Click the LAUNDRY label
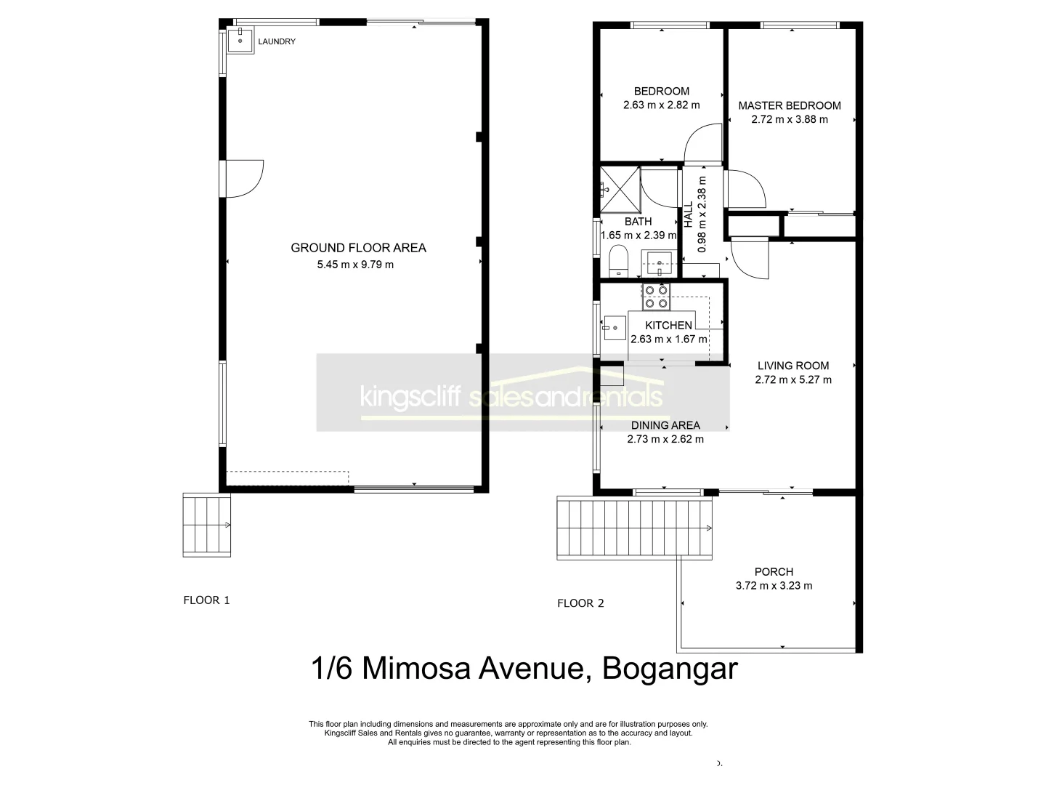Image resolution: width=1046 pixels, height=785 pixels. (x=277, y=41)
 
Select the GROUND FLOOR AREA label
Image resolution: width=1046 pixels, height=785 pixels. (x=358, y=248)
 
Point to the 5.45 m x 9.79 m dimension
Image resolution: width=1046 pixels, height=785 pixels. (x=355, y=265)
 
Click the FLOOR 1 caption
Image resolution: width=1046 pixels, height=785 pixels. (x=206, y=600)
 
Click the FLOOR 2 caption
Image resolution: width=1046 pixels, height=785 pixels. (x=580, y=603)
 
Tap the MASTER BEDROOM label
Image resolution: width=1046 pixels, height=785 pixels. (x=790, y=105)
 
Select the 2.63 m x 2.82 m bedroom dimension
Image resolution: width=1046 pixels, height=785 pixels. (x=661, y=105)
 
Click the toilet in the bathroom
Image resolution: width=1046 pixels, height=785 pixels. (x=619, y=261)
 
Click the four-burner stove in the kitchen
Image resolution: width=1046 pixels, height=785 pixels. (x=656, y=297)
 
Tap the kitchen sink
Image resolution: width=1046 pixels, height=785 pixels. (x=614, y=328)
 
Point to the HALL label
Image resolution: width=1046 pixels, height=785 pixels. (x=688, y=215)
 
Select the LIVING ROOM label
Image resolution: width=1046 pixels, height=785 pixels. (x=792, y=366)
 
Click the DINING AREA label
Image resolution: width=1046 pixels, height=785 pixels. (x=665, y=425)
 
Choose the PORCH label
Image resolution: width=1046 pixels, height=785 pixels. (x=774, y=572)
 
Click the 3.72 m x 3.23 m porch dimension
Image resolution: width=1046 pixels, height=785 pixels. (x=774, y=586)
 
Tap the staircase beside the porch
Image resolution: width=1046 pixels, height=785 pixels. (x=634, y=527)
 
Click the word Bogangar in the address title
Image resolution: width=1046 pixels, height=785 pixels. (x=670, y=668)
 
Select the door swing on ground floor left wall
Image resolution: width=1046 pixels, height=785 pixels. (x=243, y=178)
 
